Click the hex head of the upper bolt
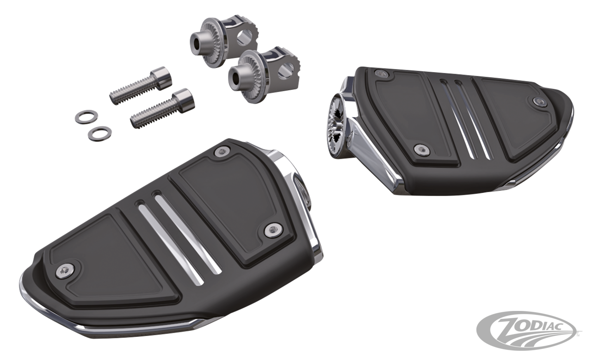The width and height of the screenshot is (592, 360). pos(162,76)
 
